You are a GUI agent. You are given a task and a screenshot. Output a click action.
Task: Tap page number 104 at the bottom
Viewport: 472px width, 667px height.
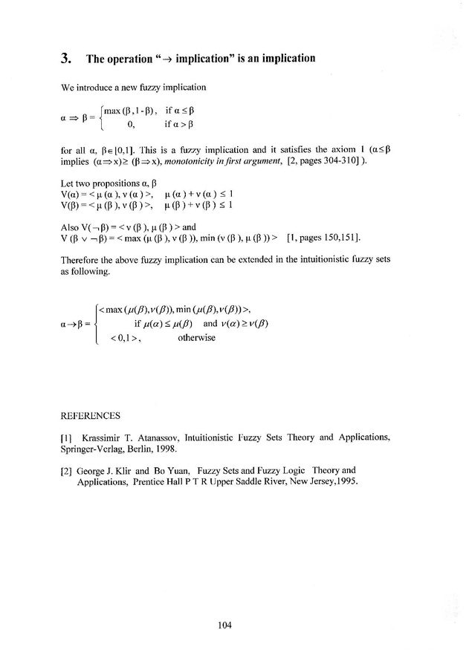coord(225,625)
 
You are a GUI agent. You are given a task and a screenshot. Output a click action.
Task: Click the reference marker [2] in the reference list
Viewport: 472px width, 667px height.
coord(65,470)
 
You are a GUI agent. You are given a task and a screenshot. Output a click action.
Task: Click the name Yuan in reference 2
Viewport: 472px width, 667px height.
coord(173,470)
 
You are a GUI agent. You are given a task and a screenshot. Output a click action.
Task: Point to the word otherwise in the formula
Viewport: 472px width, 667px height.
coord(197,338)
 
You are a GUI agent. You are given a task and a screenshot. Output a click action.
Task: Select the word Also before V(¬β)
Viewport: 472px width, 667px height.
coord(69,227)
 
